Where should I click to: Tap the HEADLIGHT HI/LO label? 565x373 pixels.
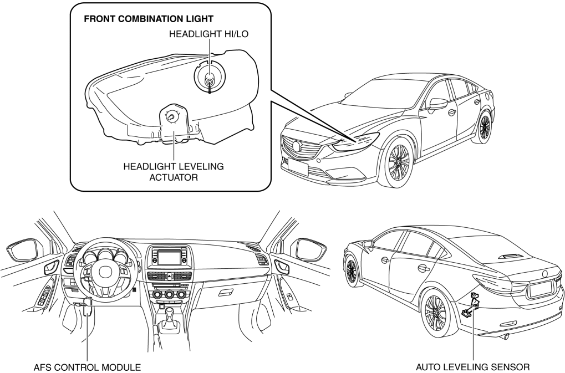click(208, 34)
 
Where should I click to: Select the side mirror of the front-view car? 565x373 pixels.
click(438, 104)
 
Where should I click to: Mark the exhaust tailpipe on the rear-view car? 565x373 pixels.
click(505, 336)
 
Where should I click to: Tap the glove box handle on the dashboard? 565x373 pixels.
click(225, 293)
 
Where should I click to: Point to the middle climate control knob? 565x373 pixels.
click(169, 293)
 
